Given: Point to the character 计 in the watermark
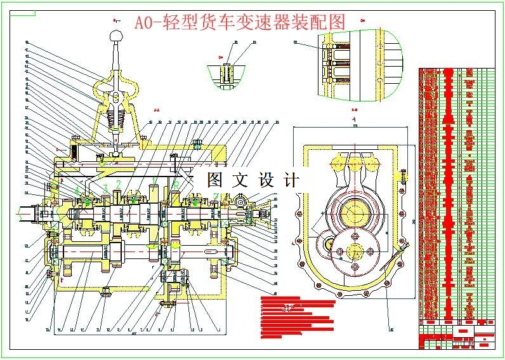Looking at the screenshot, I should pos(291,180).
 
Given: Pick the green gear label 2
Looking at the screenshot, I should pos(119,185).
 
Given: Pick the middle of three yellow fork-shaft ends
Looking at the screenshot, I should pos(355,164).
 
